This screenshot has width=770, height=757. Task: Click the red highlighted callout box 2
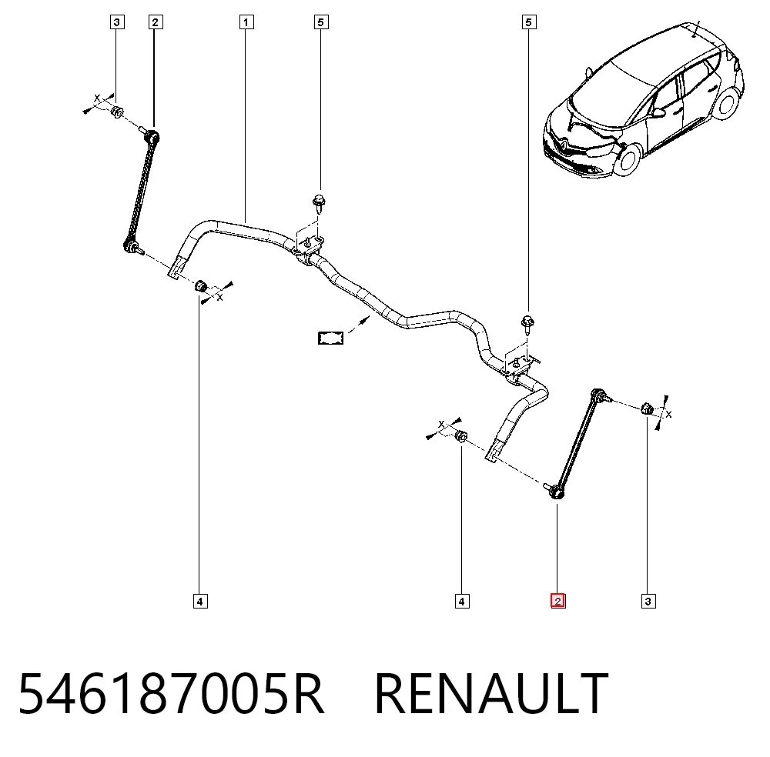pyautogui.click(x=557, y=601)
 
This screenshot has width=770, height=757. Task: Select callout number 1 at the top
pyautogui.click(x=246, y=22)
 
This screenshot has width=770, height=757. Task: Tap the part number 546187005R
pyautogui.click(x=171, y=694)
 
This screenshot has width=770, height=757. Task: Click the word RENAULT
pyautogui.click(x=491, y=694)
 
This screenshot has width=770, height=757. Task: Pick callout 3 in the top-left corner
pyautogui.click(x=117, y=22)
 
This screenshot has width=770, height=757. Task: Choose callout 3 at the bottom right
pyautogui.click(x=648, y=601)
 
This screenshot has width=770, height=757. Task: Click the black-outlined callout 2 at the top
pyautogui.click(x=156, y=22)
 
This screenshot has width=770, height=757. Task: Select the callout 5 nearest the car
pyautogui.click(x=528, y=22)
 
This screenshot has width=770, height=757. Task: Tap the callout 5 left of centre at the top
pyautogui.click(x=320, y=22)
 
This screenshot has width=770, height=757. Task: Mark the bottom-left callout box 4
pyautogui.click(x=200, y=601)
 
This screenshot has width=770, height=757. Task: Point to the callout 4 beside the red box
pyautogui.click(x=461, y=601)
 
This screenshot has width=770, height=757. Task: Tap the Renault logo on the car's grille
pyautogui.click(x=564, y=144)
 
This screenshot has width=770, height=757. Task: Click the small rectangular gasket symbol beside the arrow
pyautogui.click(x=330, y=338)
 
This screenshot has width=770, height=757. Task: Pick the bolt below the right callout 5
pyautogui.click(x=527, y=325)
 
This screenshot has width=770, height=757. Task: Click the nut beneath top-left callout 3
pyautogui.click(x=117, y=112)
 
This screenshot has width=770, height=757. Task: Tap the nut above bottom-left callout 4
pyautogui.click(x=200, y=285)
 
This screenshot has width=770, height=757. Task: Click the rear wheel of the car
pyautogui.click(x=727, y=105)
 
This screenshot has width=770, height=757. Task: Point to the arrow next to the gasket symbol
pyautogui.click(x=359, y=325)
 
